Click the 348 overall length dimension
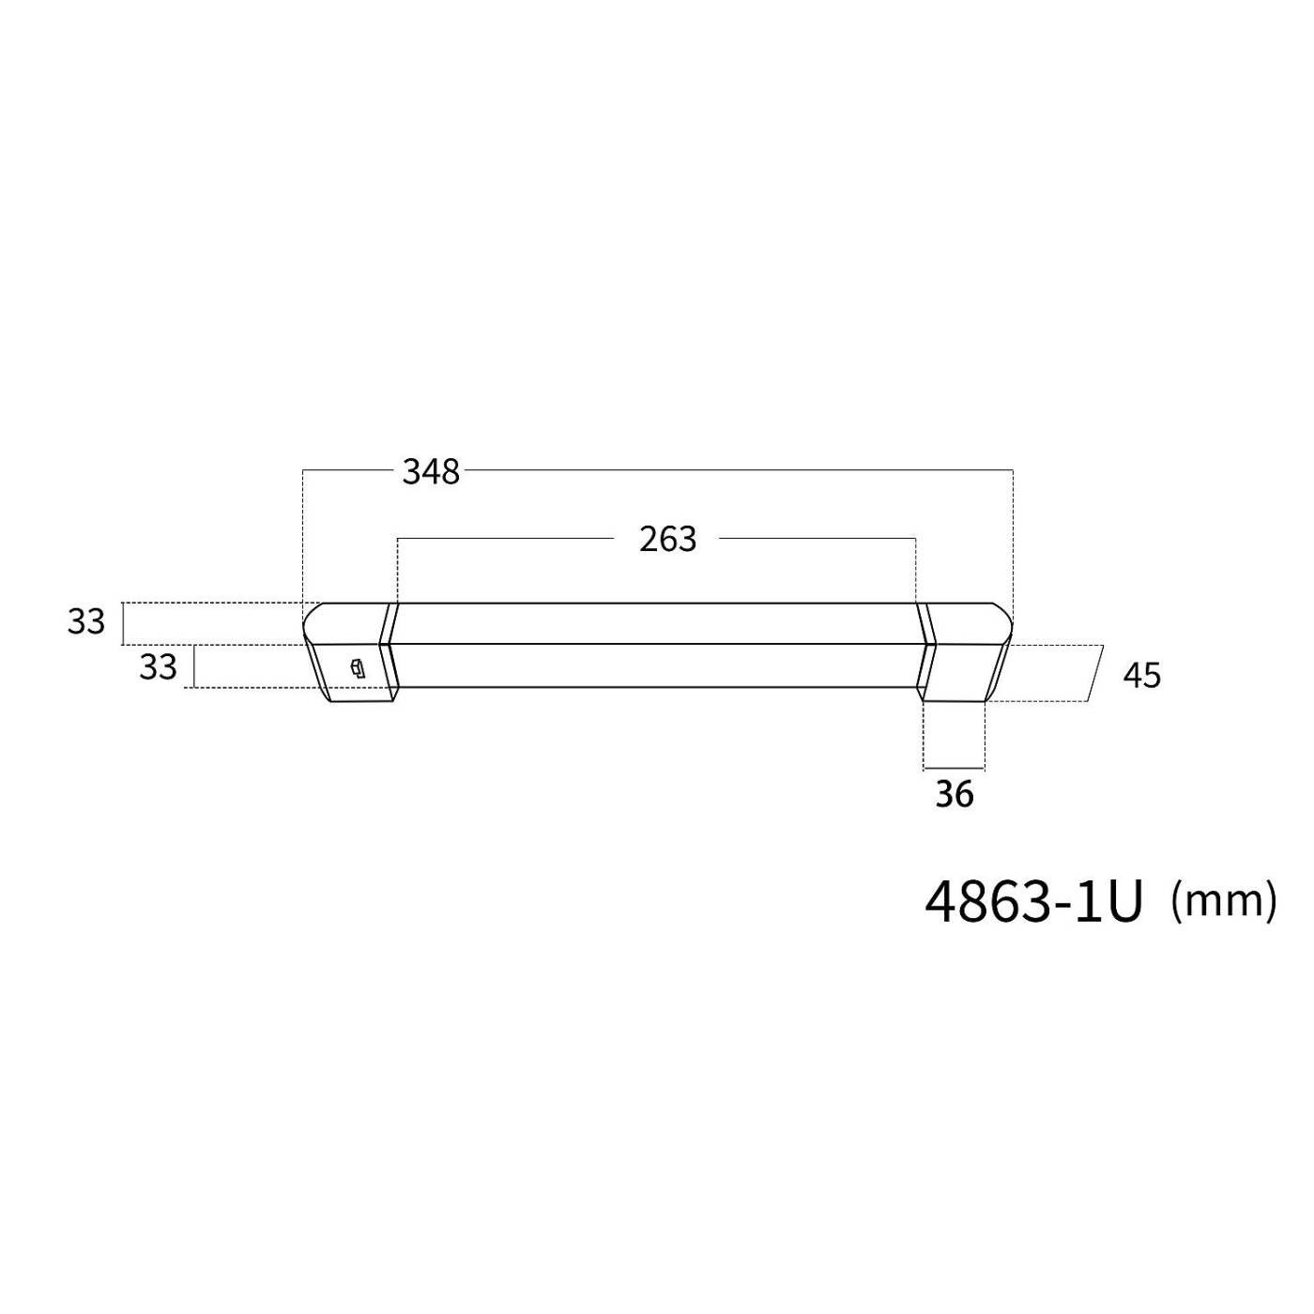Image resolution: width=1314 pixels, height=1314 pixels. [x=431, y=471]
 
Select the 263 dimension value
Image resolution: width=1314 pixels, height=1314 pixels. [x=667, y=540]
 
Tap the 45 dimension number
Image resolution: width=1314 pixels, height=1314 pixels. [x=1141, y=676]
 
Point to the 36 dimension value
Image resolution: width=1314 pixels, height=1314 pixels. [x=954, y=795]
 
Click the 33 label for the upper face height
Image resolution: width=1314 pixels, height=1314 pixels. [x=85, y=622]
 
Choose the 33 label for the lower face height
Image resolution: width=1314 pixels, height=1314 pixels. [x=158, y=667]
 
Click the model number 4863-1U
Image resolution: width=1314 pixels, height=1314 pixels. [x=1033, y=903]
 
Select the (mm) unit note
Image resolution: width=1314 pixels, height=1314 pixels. [x=1224, y=901]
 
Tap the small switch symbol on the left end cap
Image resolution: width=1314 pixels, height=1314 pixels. [x=356, y=668]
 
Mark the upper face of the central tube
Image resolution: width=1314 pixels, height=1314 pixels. [x=657, y=623]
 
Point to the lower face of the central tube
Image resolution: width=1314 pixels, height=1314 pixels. [x=657, y=665]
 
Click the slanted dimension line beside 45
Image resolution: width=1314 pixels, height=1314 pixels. [x=1094, y=674]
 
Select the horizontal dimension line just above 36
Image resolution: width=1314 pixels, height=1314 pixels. [x=954, y=770]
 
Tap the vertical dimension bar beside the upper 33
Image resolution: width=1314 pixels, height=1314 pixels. [x=123, y=623]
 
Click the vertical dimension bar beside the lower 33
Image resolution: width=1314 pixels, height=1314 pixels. [x=194, y=666]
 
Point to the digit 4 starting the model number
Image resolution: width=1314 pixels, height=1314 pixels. [x=940, y=903]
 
